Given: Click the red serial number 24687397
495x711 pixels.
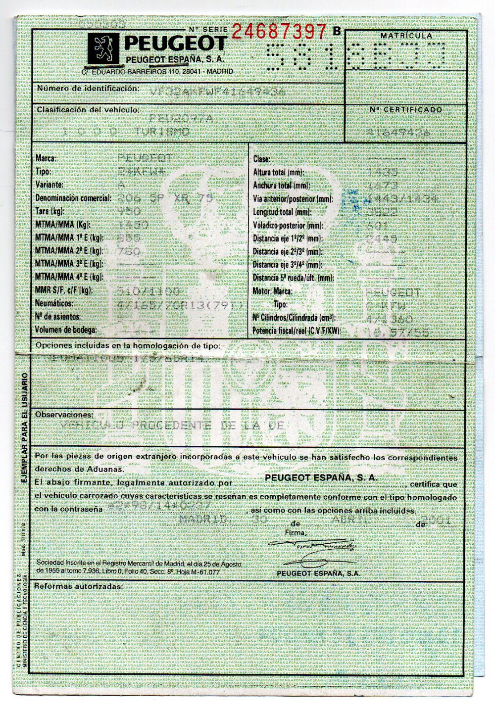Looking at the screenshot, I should click(279, 31).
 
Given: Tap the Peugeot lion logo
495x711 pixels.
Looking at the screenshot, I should click(104, 49).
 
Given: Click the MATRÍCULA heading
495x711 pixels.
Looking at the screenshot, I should click(406, 36).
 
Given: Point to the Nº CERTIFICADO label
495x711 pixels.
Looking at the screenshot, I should click(406, 109).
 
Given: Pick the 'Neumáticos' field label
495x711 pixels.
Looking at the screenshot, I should click(54, 303).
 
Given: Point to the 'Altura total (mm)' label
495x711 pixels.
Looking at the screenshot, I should click(277, 173).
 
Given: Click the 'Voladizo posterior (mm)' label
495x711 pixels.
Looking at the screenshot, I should click(288, 226).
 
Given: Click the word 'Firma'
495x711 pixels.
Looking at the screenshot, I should click(296, 532).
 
